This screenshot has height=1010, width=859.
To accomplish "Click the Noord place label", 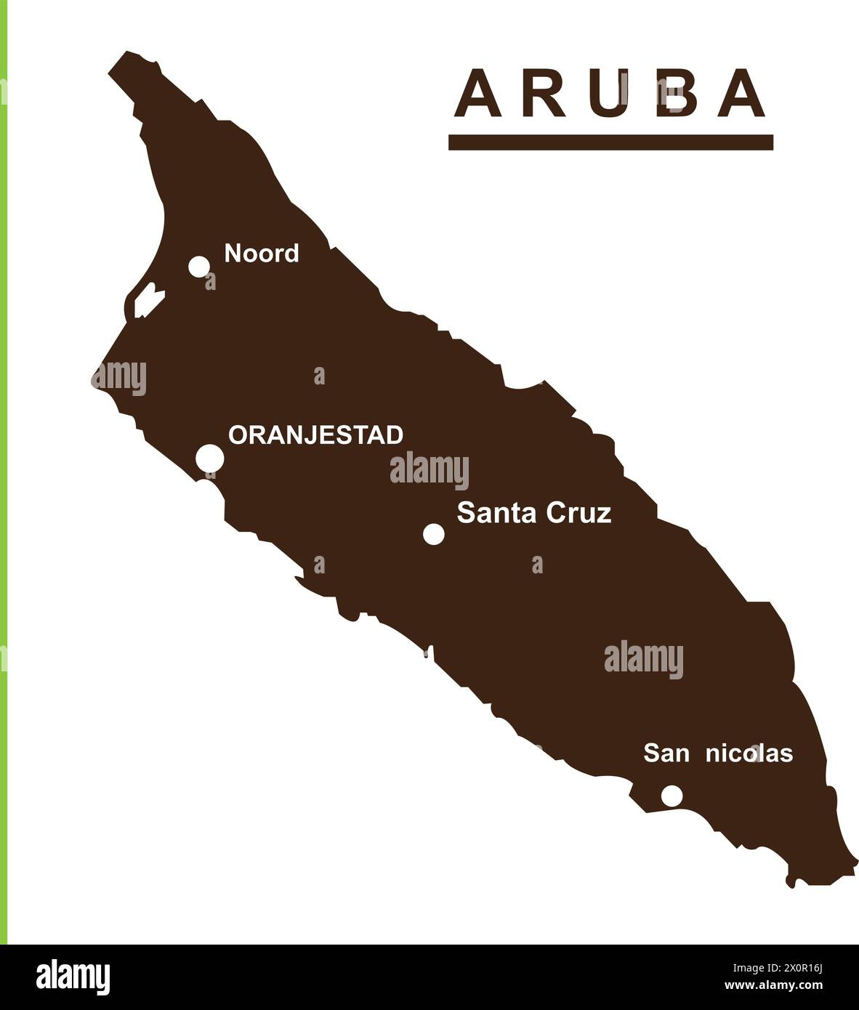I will (262, 254).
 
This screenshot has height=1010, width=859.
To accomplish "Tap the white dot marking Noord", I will (199, 266).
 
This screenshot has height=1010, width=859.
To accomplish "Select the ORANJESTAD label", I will (315, 435).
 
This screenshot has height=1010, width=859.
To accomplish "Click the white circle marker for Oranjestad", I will (210, 458).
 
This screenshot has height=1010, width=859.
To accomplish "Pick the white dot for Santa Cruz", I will (434, 534).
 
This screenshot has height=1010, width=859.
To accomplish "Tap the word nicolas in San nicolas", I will (749, 754).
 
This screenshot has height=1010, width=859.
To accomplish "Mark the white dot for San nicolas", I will (672, 796).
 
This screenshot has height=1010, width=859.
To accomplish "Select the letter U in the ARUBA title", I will (609, 94).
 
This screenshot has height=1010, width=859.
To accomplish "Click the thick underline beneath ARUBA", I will (610, 142).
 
